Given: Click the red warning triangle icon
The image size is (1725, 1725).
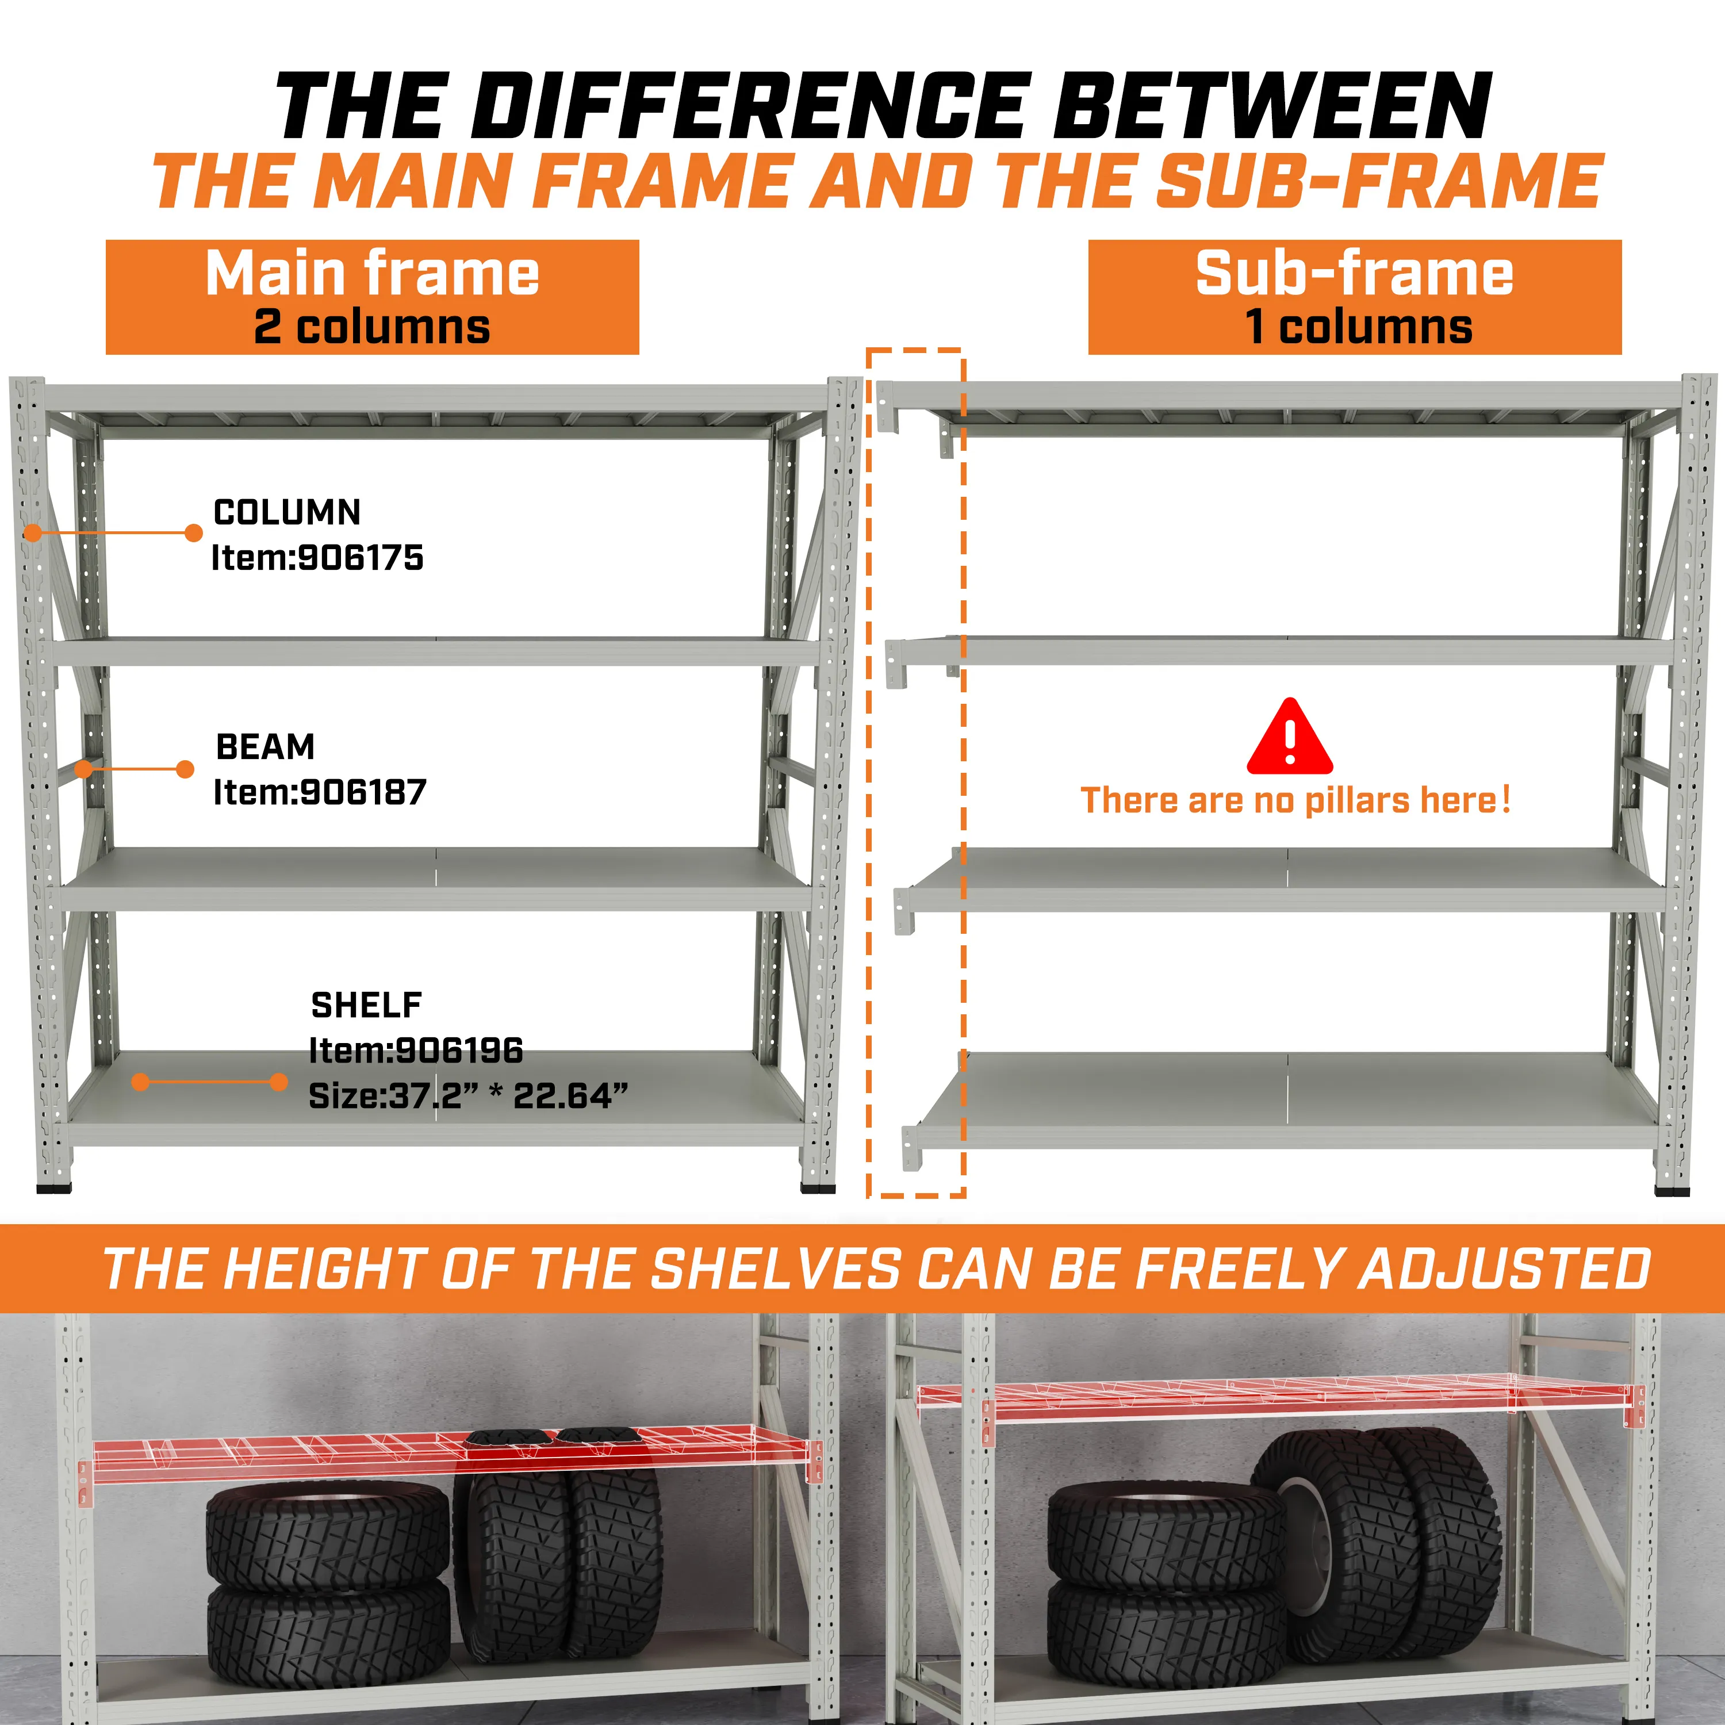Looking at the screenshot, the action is coord(1290,737).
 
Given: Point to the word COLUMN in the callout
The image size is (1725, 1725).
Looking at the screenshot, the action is coord(287,512).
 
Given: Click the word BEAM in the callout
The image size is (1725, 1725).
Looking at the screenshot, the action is coord(265,746).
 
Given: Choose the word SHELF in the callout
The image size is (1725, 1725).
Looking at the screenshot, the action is coord(366,1005).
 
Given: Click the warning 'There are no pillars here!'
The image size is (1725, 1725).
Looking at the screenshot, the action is coord(1295,800).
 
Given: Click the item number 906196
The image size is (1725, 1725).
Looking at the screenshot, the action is coord(459,1051).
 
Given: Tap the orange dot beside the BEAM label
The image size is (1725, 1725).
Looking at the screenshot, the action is coord(186,770).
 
